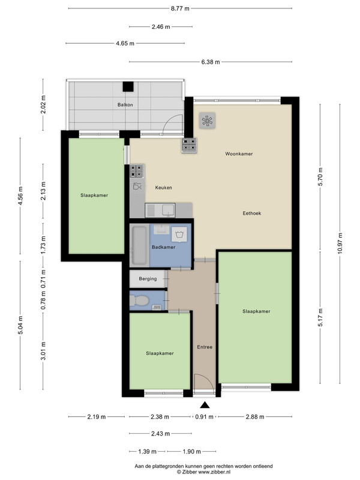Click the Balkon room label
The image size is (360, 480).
pos(125,104)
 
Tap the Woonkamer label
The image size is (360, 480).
pos(239,154)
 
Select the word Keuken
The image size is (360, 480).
pos(163,187)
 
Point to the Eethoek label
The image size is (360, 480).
pos(252,213)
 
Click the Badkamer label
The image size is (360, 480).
pos(163,247)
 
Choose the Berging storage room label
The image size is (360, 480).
pos(148,278)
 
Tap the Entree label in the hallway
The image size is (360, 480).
pos(205,347)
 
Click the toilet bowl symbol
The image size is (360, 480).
pos(139,301)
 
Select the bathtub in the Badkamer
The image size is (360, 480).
pos(140,245)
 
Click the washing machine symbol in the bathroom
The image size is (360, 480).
pos(179,235)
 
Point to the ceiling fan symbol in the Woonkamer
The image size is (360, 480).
pos(207,121)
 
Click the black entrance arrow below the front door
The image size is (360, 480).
pos(205,405)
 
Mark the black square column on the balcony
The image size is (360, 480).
pos(128,86)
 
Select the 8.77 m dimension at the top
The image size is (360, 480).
pos(180,8)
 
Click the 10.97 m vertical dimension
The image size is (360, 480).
pos(340,244)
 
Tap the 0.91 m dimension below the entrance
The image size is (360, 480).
pos(204,416)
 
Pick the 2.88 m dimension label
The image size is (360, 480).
pos(255,416)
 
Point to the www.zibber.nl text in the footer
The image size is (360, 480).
pos(215,472)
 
